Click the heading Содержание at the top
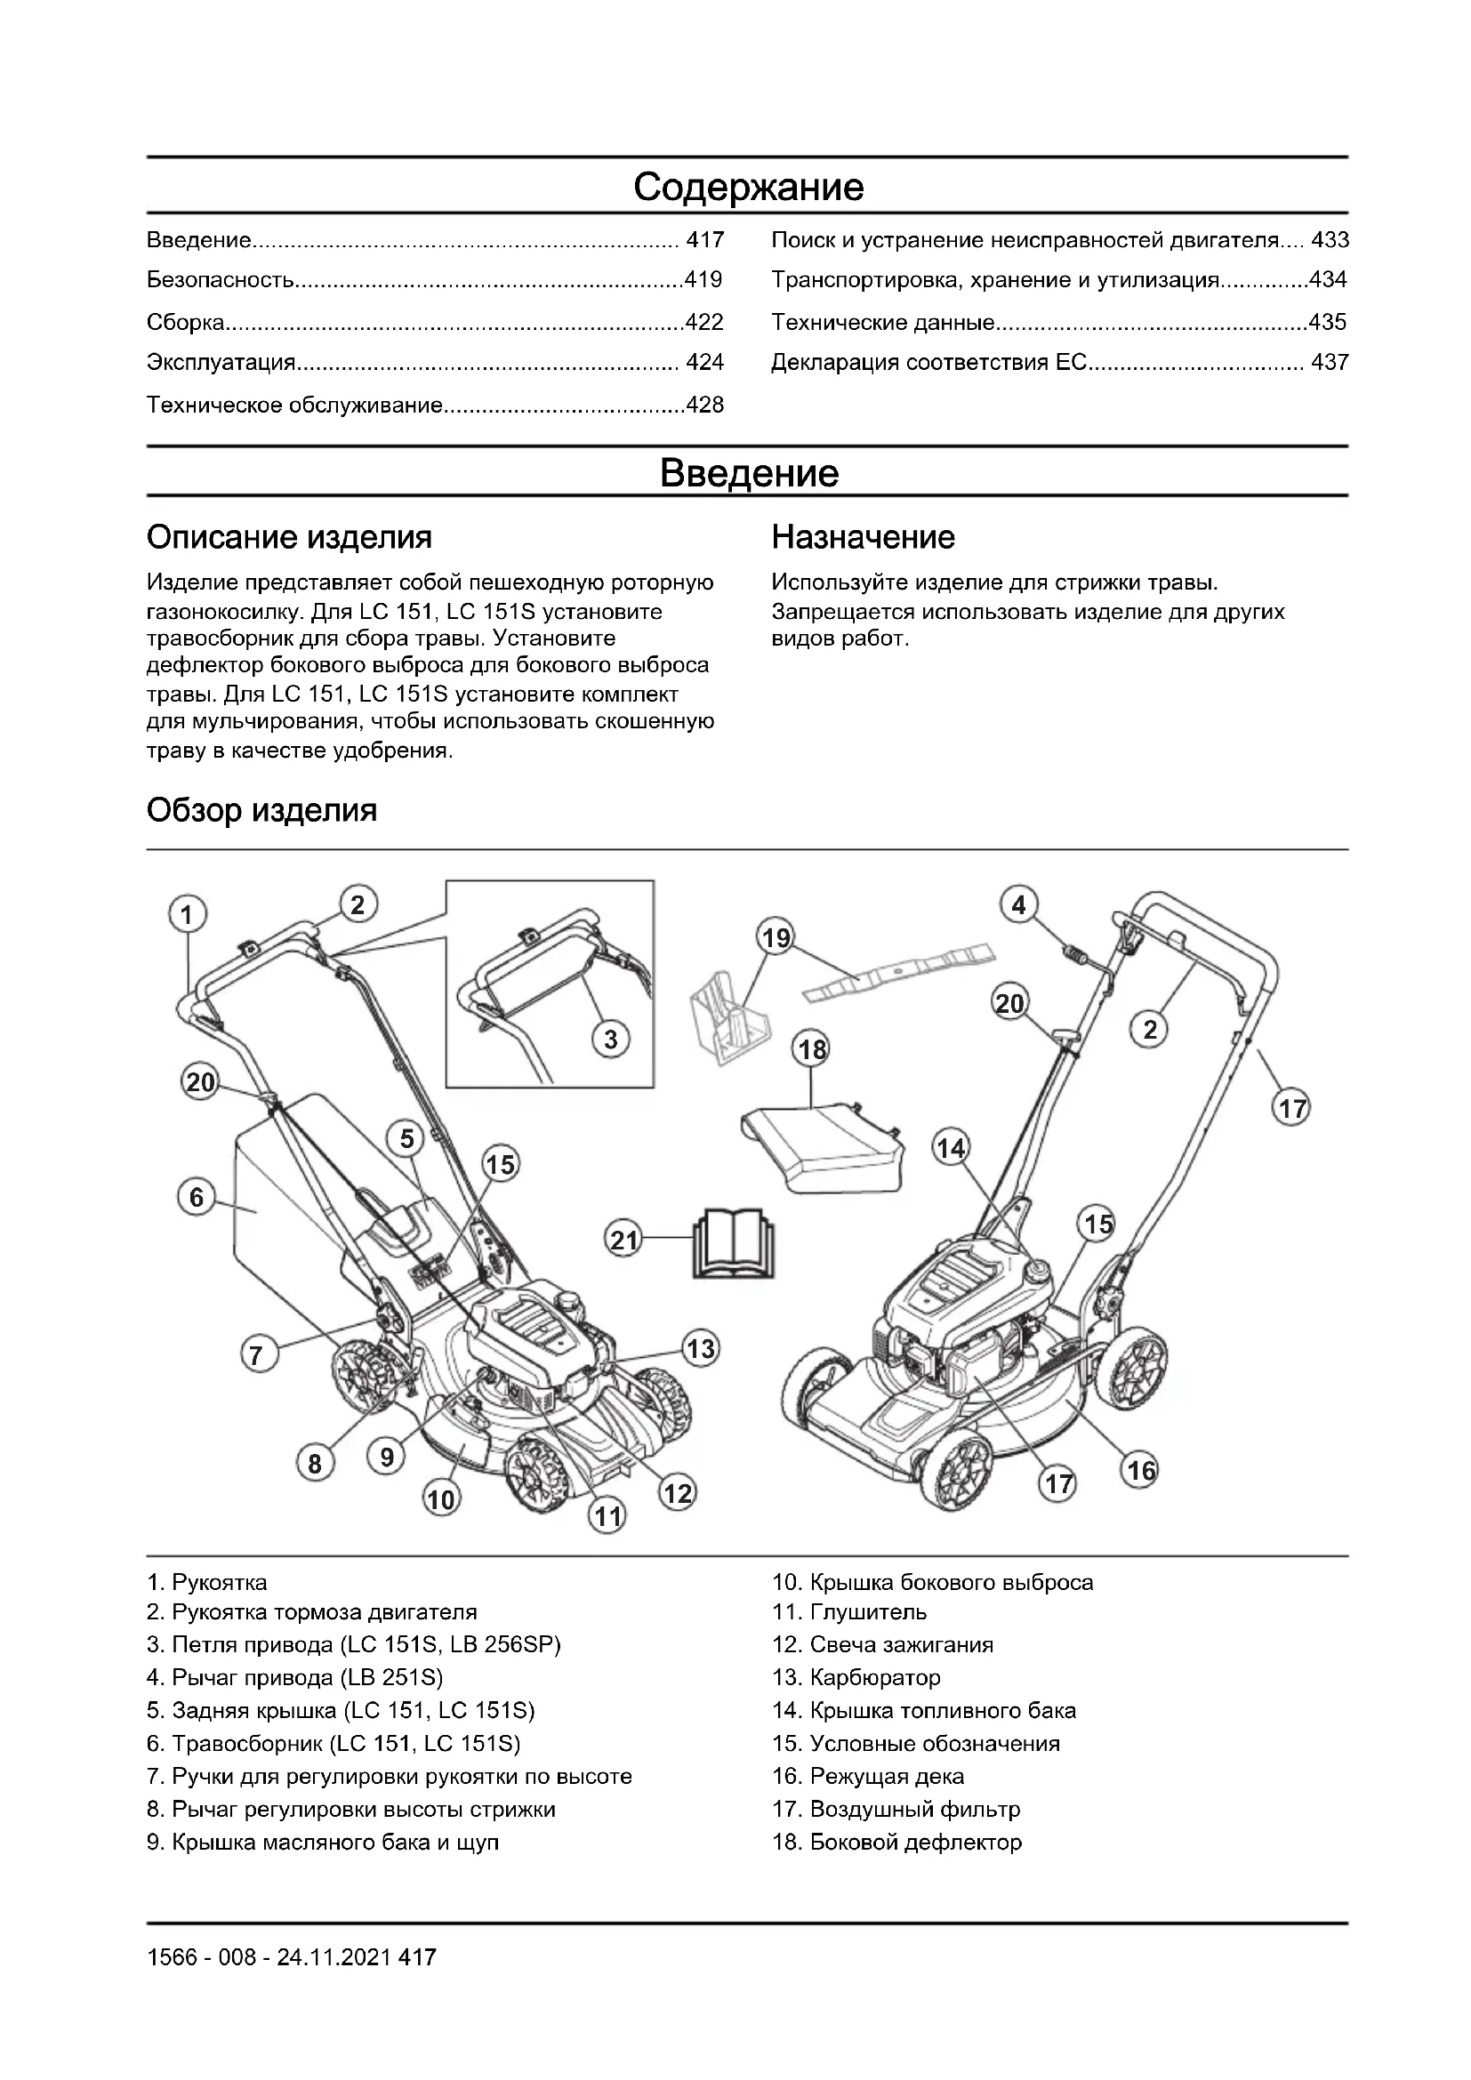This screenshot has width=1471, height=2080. tap(748, 187)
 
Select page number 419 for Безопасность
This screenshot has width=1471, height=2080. tap(703, 280)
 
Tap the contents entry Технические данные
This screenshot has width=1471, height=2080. tap(882, 323)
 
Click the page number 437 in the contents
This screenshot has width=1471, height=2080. tap(1330, 364)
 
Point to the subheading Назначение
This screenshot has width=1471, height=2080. tap(863, 537)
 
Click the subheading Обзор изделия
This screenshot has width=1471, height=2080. tap(261, 809)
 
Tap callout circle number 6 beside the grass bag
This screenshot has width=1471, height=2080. tap(197, 1198)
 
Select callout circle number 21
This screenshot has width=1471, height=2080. tap(624, 1240)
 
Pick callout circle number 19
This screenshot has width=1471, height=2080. tap(776, 936)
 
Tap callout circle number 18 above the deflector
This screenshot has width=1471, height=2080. tap(813, 1050)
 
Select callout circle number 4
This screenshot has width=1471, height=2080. tap(1019, 904)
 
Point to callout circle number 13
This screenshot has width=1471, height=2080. tap(700, 1348)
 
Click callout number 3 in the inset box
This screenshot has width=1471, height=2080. tap(610, 1039)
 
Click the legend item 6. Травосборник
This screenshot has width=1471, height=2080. tap(333, 1743)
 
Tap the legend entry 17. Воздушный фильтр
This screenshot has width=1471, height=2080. tap(895, 1809)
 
